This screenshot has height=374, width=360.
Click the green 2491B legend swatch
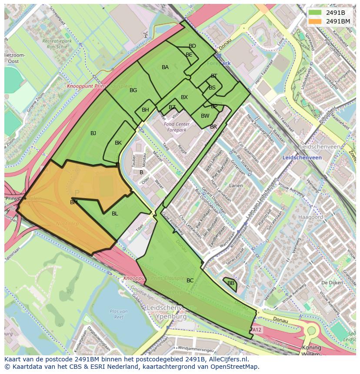(315, 13)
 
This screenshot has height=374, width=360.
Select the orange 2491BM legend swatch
(315, 21)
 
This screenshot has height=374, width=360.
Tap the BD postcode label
(192, 46)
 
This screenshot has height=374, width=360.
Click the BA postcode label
(165, 67)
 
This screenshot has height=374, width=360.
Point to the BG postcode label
(133, 90)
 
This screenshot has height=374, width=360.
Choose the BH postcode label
(145, 110)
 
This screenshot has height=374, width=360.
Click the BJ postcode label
(93, 133)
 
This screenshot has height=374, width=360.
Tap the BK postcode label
(118, 143)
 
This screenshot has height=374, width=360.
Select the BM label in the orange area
(74, 202)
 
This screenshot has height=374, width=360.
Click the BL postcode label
(115, 214)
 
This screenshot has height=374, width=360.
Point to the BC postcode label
(190, 281)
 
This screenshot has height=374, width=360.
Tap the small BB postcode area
(230, 283)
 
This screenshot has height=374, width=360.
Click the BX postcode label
(184, 97)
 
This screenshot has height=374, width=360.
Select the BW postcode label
(205, 116)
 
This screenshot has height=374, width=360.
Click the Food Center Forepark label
(175, 127)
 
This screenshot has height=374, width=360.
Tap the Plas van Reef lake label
(119, 314)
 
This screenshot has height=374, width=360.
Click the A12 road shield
(257, 330)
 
